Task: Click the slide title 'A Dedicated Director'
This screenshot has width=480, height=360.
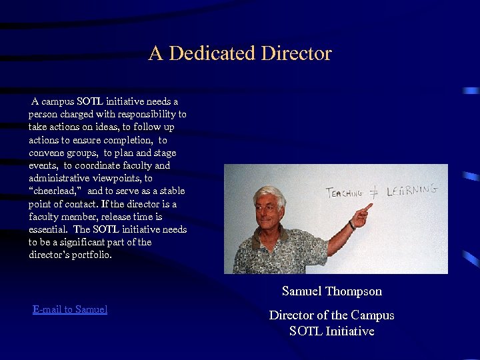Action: [x=240, y=53]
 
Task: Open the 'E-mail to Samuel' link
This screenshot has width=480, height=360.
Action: [x=70, y=309]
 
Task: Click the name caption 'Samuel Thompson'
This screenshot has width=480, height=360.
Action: [x=332, y=291]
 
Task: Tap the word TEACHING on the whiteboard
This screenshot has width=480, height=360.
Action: [x=344, y=193]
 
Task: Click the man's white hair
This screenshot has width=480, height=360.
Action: [x=267, y=194]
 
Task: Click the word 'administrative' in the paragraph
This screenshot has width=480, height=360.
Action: [x=59, y=179]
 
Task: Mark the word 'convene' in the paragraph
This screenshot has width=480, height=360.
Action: [x=46, y=153]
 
